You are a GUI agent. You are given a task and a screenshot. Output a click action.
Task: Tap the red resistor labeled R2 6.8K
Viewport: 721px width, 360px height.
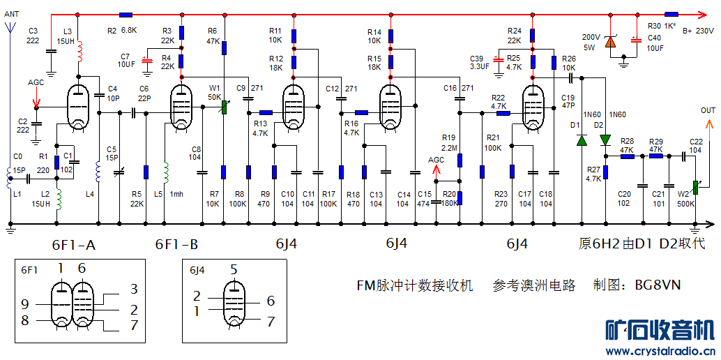126,14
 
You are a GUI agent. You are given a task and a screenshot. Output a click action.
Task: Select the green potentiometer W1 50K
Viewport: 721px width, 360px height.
225,107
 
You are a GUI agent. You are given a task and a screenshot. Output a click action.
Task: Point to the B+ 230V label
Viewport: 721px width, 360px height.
697,31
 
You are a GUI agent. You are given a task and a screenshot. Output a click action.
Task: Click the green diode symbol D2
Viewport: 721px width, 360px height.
605,140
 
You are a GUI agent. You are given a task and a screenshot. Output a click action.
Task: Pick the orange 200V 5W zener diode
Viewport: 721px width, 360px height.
611,43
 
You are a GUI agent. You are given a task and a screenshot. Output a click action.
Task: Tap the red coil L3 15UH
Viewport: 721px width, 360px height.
78,51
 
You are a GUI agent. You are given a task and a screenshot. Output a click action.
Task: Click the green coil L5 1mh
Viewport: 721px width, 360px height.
165,172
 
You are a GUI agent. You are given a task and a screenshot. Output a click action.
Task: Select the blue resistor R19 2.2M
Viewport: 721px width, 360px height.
460,161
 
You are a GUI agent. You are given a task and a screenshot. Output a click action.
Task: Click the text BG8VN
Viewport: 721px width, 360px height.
657,285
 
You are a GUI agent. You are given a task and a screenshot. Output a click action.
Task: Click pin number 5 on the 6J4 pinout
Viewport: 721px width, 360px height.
234,270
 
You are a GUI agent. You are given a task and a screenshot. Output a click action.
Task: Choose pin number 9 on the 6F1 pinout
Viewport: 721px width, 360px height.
25,304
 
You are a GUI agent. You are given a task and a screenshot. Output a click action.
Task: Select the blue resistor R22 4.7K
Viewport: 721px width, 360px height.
503,112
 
